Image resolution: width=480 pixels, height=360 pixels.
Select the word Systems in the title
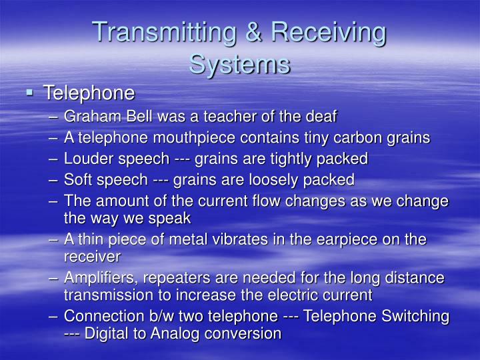pos(239,64)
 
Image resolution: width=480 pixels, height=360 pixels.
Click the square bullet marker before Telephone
pos(31,92)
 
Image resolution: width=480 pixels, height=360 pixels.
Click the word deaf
pos(323,117)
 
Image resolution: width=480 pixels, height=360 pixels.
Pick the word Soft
pos(78,179)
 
